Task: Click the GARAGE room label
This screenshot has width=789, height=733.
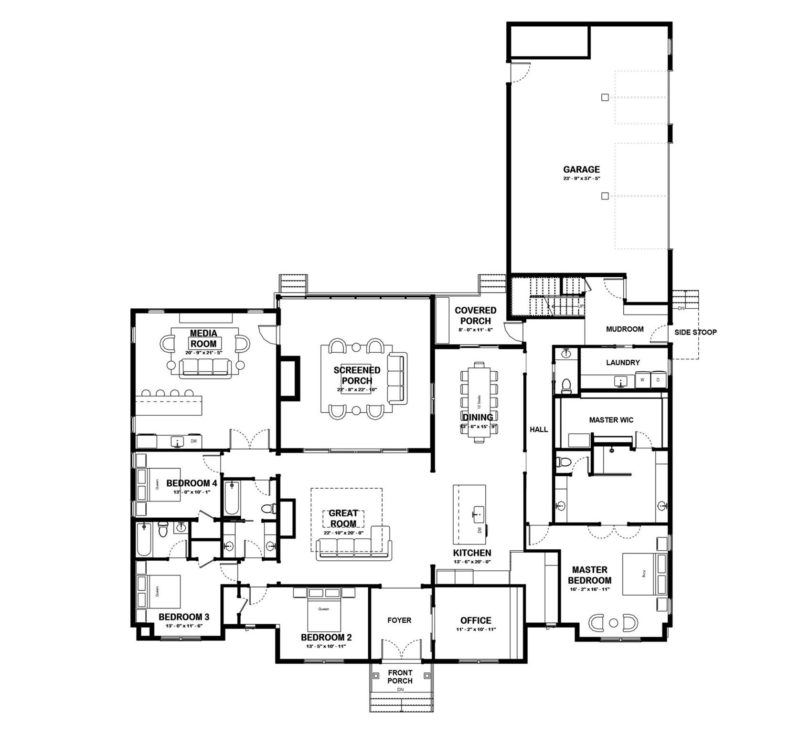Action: (x=581, y=169)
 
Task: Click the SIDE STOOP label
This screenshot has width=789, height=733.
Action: (x=695, y=332)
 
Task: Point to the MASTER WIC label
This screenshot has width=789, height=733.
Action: (x=611, y=420)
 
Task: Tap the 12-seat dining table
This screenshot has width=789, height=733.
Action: (x=479, y=402)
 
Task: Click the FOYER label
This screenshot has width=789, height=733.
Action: (x=399, y=620)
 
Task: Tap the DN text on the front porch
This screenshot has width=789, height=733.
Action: (x=400, y=690)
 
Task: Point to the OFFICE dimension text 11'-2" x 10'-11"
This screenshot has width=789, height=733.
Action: (x=476, y=629)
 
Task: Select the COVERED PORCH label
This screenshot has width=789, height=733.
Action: (x=475, y=315)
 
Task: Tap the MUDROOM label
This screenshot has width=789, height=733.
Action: (x=625, y=329)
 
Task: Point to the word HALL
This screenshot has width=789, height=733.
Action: (x=539, y=429)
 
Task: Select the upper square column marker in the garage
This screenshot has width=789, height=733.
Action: (x=605, y=98)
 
